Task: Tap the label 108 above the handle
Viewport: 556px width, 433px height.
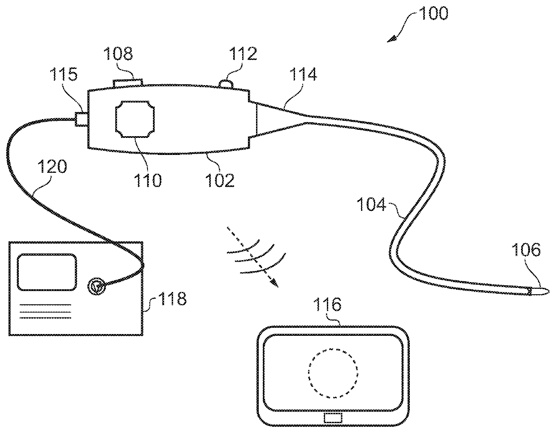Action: click(118, 55)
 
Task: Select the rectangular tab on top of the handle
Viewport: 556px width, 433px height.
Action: click(128, 83)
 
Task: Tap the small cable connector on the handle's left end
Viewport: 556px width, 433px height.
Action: click(81, 119)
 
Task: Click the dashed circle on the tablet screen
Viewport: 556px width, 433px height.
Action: click(333, 373)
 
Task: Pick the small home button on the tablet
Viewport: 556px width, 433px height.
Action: click(333, 418)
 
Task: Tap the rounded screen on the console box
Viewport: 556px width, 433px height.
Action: click(47, 271)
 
